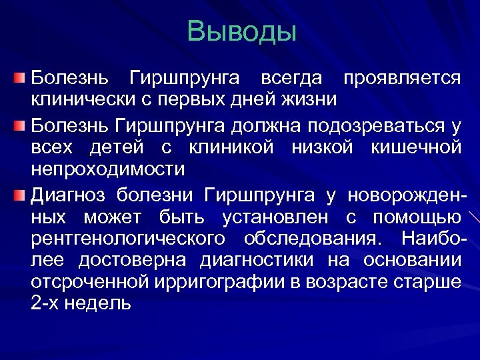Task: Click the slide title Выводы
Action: pos(241,31)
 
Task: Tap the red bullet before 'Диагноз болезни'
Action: pos(21,195)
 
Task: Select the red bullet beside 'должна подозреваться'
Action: pos(21,125)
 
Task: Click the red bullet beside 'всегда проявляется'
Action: pos(21,79)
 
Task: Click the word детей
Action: pos(117,146)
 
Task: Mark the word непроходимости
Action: pos(107,169)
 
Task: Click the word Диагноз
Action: pos(68,195)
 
